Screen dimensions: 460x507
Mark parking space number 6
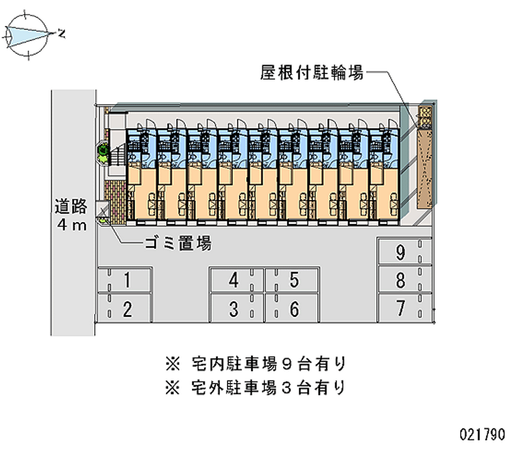click(293, 309)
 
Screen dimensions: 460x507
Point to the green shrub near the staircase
click(101, 151)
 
